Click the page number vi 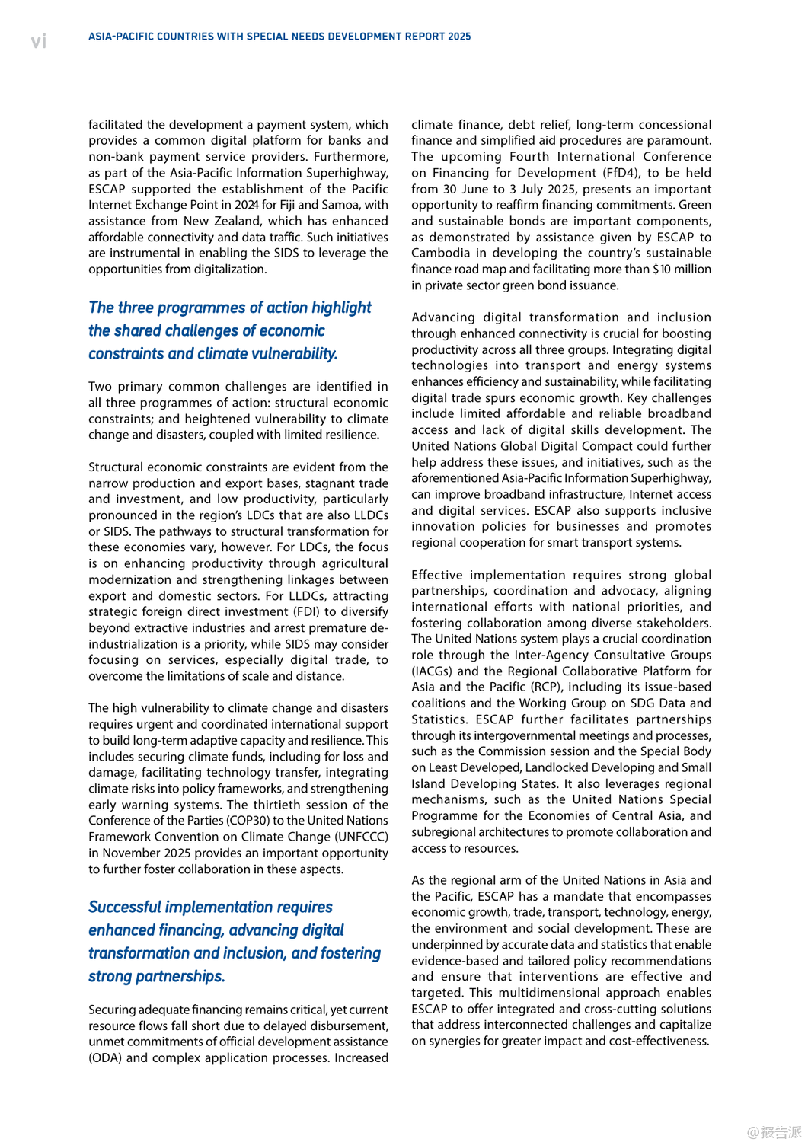click(x=39, y=41)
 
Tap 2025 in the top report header click(x=459, y=37)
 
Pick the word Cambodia click(x=441, y=253)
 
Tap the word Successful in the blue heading click(x=124, y=908)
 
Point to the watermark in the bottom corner click(x=774, y=1132)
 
